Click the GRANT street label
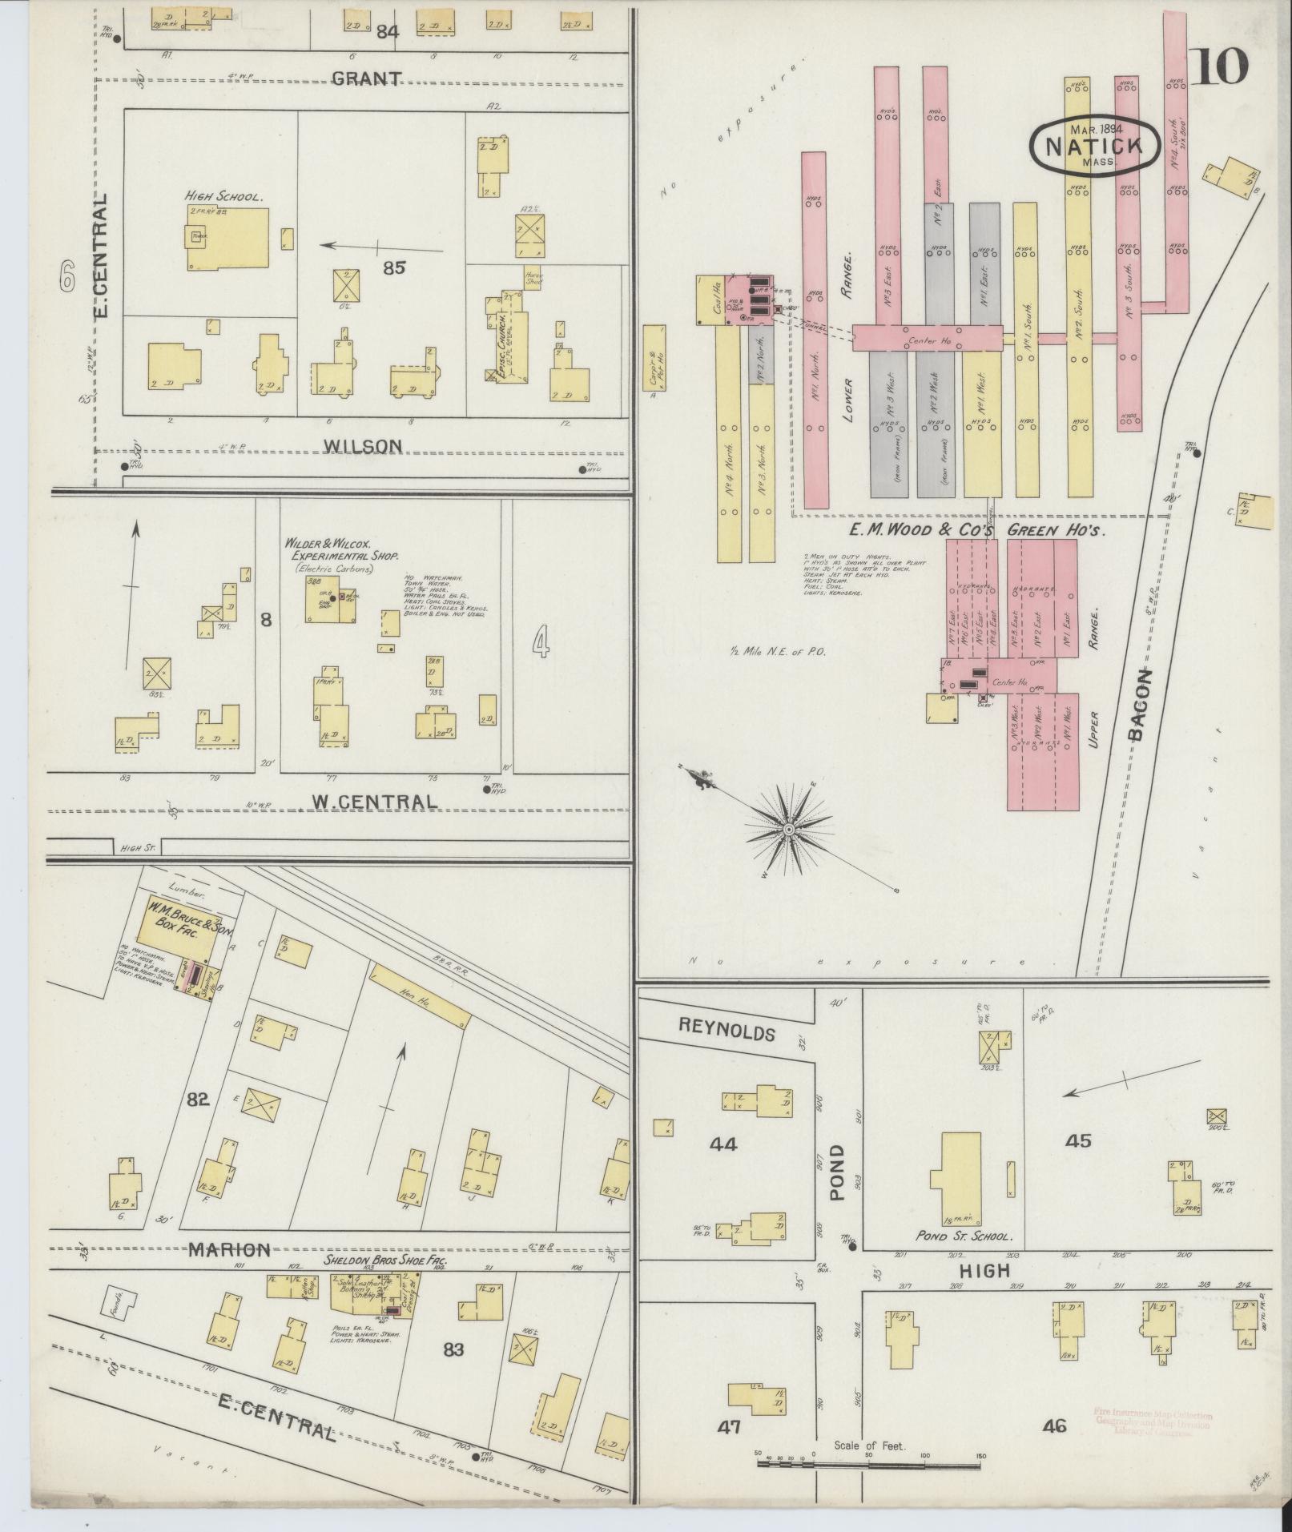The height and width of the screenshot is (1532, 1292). point(366,78)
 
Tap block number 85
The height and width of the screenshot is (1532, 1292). point(393,267)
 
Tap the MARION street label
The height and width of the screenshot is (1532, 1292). point(229,1249)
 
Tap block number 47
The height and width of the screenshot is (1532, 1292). point(729,1427)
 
